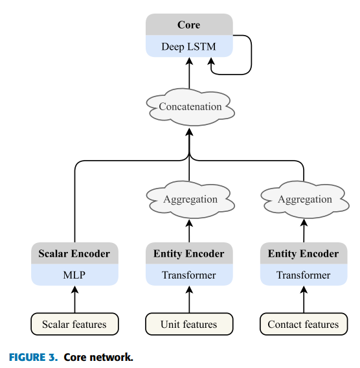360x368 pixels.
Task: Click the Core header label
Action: tap(189, 25)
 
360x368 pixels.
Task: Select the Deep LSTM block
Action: tap(189, 46)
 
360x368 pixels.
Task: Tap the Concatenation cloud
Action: tap(190, 107)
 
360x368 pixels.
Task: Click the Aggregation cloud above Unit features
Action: tap(190, 200)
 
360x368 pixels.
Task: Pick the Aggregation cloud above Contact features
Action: tap(305, 200)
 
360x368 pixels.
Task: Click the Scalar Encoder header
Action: tap(74, 253)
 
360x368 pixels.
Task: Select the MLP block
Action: tap(74, 275)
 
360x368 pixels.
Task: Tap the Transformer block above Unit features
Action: tap(189, 275)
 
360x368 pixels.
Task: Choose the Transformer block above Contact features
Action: tap(304, 275)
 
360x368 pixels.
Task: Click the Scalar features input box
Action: tap(74, 324)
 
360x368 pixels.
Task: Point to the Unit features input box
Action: tap(189, 324)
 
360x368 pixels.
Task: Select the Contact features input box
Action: tap(304, 324)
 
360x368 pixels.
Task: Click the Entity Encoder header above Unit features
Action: tap(189, 253)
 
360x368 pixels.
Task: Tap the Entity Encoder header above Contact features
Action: tap(304, 253)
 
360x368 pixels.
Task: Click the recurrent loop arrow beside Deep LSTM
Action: tap(251, 55)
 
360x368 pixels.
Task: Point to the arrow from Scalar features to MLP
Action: tap(75, 299)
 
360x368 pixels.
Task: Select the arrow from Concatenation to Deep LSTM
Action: tap(189, 73)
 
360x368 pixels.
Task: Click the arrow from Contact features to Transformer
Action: tap(304, 299)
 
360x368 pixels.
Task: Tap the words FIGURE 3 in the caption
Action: tap(33, 357)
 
